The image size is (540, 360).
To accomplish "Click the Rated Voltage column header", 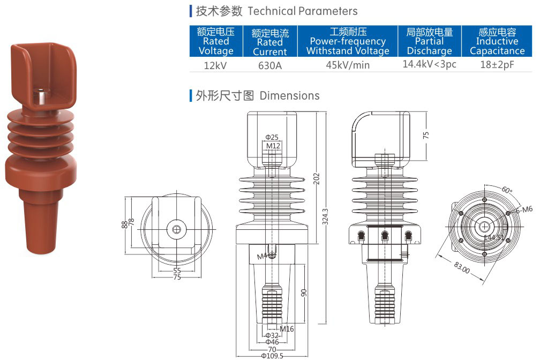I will (216, 41).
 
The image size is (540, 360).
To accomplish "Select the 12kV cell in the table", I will (216, 65).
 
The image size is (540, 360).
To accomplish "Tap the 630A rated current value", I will (269, 65).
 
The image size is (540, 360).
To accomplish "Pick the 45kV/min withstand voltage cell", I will (348, 65).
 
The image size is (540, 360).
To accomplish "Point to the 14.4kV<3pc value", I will (429, 64).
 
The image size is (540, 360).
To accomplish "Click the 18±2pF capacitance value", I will (497, 64).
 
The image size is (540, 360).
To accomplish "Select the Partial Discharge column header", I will (429, 41).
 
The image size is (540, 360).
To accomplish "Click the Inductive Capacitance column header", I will (497, 41).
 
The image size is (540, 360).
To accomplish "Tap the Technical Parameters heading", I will (276, 11).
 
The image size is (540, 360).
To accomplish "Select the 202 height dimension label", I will (316, 178).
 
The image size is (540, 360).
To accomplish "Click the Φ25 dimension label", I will (272, 137).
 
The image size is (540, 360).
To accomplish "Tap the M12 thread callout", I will (273, 146).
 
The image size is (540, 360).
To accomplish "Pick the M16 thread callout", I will (287, 329).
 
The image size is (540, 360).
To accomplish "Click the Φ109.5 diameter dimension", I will (272, 356).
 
